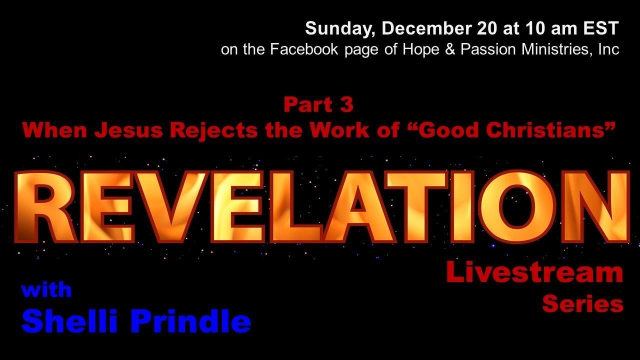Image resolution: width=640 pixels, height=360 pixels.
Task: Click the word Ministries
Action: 552,50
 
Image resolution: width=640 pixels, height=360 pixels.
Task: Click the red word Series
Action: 582,303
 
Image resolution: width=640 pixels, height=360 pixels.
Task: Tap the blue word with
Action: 46,290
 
